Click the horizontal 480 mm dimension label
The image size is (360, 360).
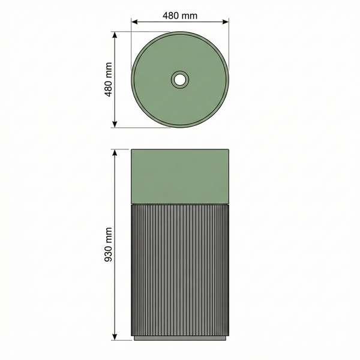click(180, 16)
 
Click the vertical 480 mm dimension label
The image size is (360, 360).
click(108, 79)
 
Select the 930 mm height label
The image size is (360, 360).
click(108, 245)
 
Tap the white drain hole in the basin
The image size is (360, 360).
click(180, 79)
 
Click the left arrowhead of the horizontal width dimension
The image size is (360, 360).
click(134, 22)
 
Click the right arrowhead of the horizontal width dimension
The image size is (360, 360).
click(226, 22)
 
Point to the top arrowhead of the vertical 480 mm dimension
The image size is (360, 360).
click(115, 35)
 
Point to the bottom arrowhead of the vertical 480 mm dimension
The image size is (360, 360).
click(115, 124)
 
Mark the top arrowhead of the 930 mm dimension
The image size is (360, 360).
click(115, 152)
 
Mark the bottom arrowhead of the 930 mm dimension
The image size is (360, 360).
click(115, 337)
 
